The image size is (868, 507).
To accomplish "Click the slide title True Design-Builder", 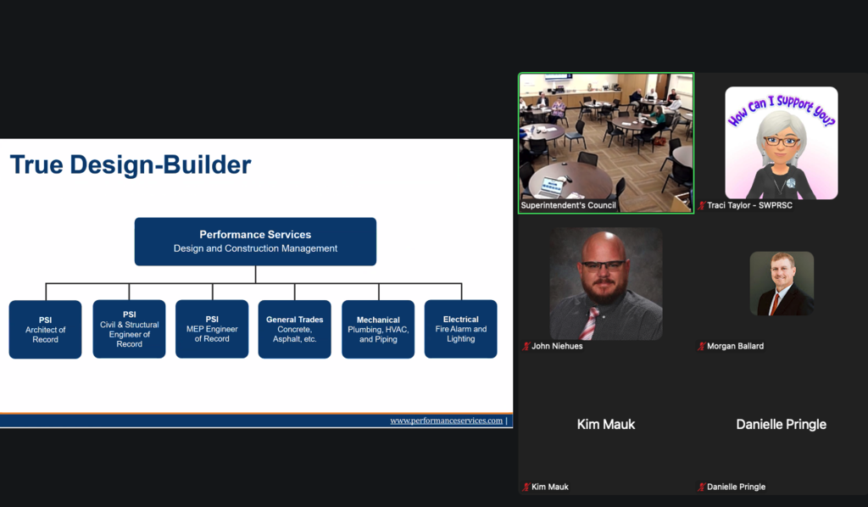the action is pos(131,165).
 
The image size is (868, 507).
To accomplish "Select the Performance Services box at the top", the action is pos(255,242).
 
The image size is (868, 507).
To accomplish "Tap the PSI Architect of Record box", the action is pos(46,329).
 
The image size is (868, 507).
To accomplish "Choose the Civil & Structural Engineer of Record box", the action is pos(129,329).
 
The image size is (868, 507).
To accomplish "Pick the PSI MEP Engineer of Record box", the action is pos(212,329).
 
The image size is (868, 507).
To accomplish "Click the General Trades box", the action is pos(294,329).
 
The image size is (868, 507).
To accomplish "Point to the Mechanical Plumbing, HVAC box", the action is pos(378,329).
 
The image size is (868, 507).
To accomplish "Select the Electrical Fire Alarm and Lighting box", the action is pos(460,329).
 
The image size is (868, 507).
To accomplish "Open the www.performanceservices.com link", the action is pos(446,421).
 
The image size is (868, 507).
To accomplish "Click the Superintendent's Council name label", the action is pos(568,205).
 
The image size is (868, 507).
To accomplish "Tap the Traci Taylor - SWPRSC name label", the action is pos(749,205).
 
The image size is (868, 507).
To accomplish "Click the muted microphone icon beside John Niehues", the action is pos(526,346).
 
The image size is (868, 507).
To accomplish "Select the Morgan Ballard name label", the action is pos(735,346).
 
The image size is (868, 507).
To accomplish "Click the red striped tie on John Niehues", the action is pos(589,323).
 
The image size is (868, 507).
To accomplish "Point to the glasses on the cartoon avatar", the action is pos(781,141).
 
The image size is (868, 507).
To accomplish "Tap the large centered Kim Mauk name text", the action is pos(605,425).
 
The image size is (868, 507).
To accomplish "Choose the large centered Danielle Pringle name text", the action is pos(781,425).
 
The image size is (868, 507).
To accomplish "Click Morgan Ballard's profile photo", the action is pos(782,283).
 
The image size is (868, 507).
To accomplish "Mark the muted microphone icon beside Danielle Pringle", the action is pos(701,487).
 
